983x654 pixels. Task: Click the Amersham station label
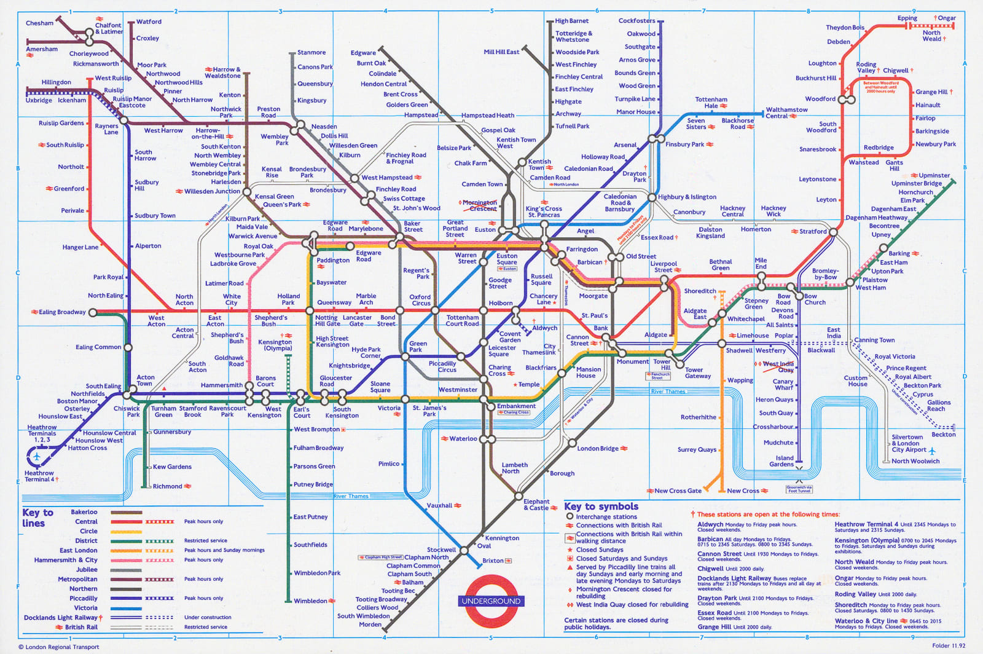42,49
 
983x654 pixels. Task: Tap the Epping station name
907,18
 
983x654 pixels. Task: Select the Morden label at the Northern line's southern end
370,624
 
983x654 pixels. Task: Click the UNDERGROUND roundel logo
491,601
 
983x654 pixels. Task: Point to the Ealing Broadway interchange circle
93,313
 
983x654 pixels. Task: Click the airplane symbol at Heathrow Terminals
37,457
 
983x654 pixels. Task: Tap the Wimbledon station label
310,601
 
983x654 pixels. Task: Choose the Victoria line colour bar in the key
126,608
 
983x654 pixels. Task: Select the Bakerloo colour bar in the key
126,512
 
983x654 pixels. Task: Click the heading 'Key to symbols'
601,506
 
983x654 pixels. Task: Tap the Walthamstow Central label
786,112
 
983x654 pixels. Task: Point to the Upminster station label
934,175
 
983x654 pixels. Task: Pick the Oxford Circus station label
421,300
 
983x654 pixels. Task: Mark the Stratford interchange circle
833,232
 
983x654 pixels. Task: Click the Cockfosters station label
636,21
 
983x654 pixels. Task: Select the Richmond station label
167,486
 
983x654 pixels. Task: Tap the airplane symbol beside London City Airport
933,451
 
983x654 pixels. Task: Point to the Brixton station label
493,561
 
